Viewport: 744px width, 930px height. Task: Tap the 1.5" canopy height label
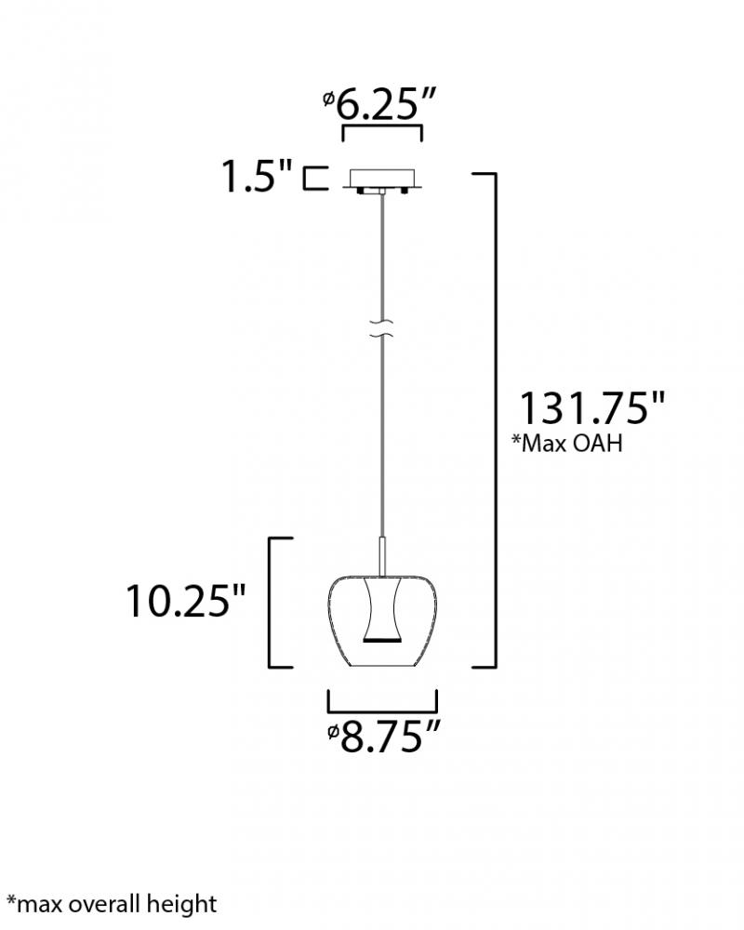(258, 176)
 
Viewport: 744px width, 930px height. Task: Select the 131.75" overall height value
(592, 408)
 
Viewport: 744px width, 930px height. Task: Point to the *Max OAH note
(567, 443)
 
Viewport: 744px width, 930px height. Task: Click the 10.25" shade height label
(186, 602)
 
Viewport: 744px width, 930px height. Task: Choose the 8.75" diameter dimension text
(384, 736)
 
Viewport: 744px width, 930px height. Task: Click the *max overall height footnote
(112, 904)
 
